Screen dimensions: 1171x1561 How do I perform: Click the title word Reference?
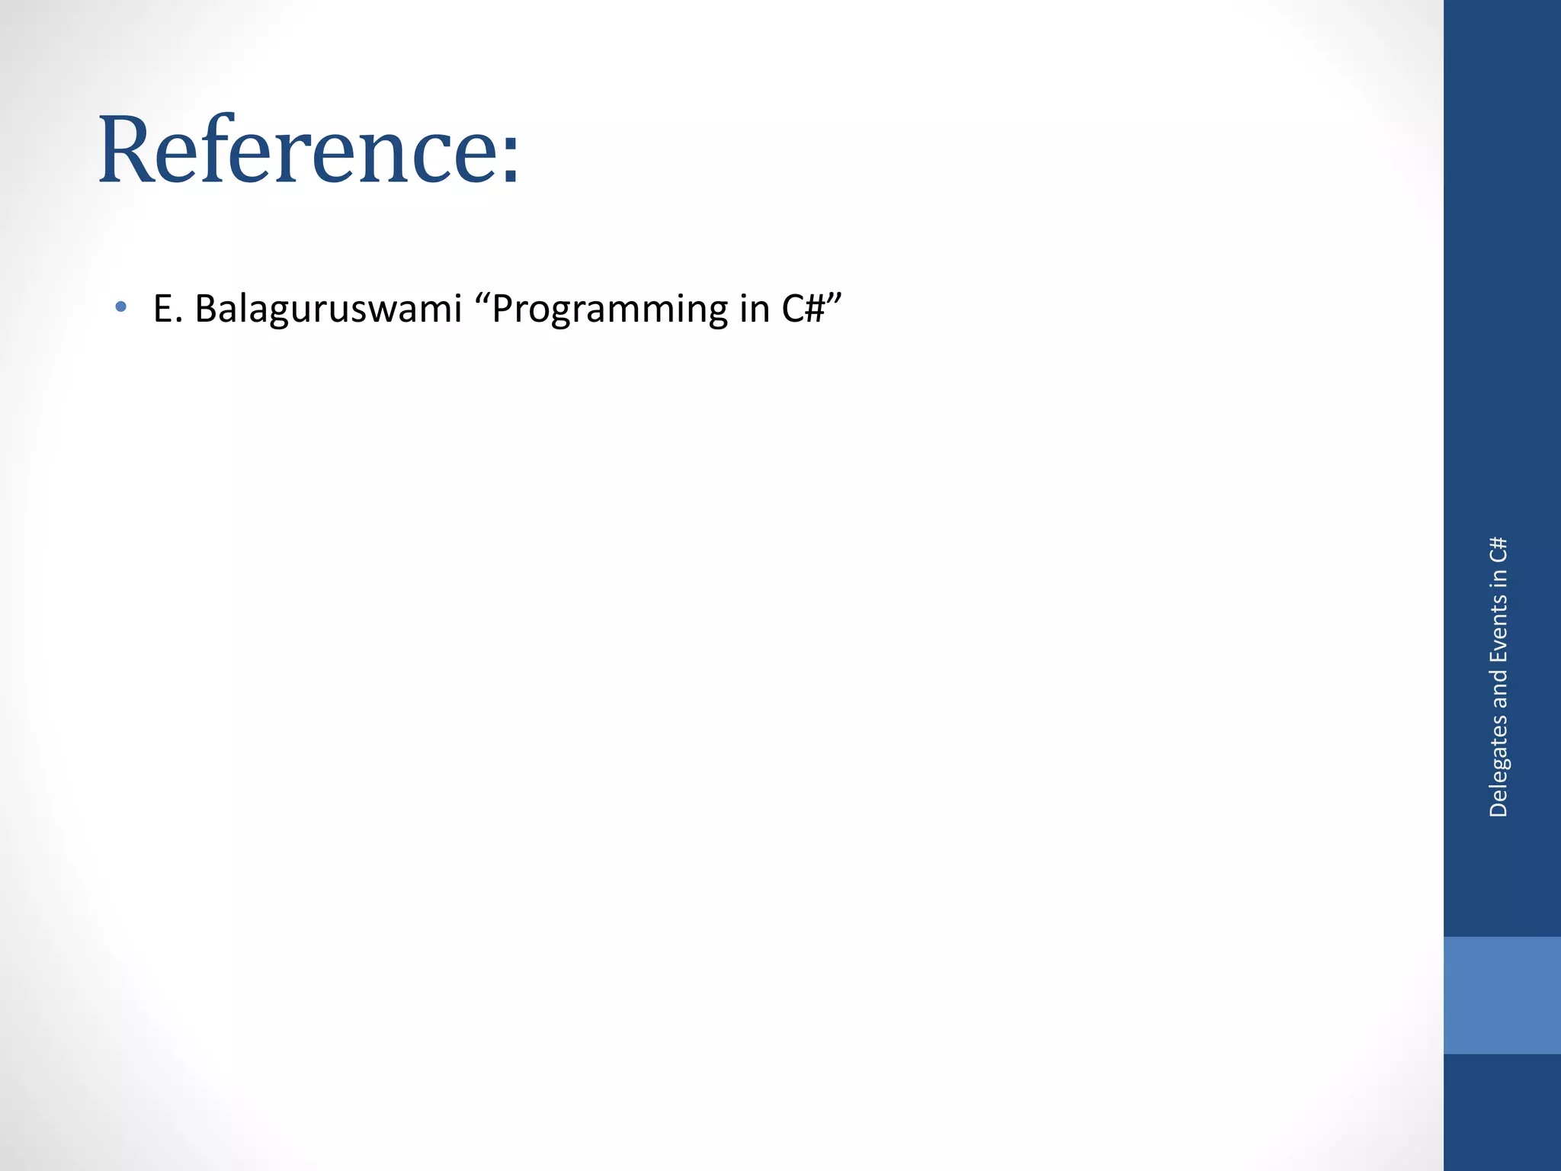click(x=297, y=149)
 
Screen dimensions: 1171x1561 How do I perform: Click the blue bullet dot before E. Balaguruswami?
click(x=120, y=307)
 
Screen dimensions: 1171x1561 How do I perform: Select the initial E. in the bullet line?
click(x=168, y=309)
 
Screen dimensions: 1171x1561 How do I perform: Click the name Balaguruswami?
click(x=329, y=309)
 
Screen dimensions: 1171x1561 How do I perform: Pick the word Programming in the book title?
click(x=610, y=310)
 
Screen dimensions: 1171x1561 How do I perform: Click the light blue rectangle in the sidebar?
click(x=1502, y=995)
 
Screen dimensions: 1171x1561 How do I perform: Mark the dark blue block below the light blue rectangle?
click(x=1502, y=1112)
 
